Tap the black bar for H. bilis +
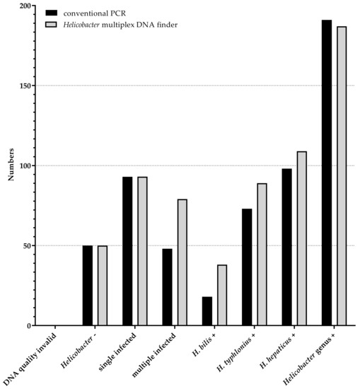point(207,311)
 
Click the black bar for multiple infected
point(167,287)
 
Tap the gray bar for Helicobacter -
point(103,286)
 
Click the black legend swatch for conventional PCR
point(51,13)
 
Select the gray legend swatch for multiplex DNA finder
point(51,25)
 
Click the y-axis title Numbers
point(12,166)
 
